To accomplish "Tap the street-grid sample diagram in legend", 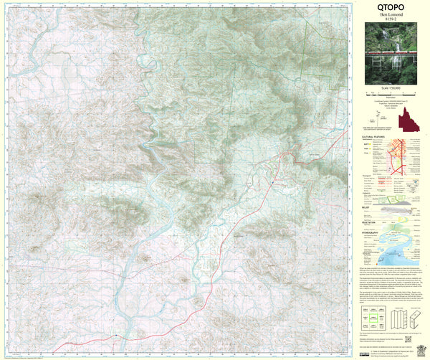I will [x=405, y=154].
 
